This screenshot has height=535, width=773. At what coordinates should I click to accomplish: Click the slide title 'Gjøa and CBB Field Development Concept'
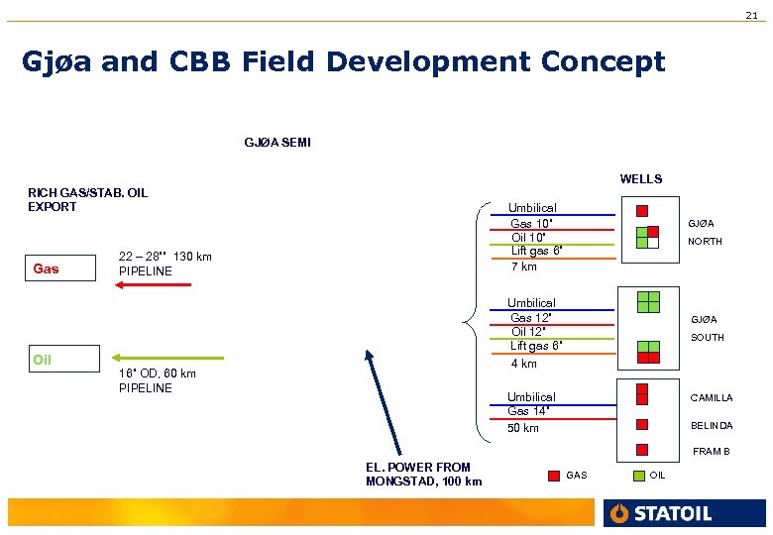[x=344, y=62]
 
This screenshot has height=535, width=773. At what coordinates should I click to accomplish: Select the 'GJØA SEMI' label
[x=277, y=143]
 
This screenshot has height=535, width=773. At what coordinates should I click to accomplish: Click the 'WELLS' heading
[x=640, y=179]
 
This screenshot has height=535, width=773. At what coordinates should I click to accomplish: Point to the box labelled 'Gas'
[x=61, y=268]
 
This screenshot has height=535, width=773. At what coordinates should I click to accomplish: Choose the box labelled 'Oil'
[x=61, y=359]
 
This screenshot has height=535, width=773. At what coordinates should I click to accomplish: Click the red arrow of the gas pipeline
[x=153, y=285]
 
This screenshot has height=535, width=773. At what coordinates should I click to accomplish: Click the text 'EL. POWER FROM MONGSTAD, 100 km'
[x=423, y=475]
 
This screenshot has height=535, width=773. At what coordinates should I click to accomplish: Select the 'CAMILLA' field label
[x=712, y=398]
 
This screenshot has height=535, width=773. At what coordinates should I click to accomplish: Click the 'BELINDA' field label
[x=712, y=426]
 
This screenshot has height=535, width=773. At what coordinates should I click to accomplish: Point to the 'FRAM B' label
[x=712, y=452]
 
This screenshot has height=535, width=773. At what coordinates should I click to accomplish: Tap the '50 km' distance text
[x=523, y=428]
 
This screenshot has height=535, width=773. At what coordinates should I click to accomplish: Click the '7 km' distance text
[x=523, y=267]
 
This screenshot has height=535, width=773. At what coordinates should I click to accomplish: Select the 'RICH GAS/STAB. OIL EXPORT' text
[x=87, y=199]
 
